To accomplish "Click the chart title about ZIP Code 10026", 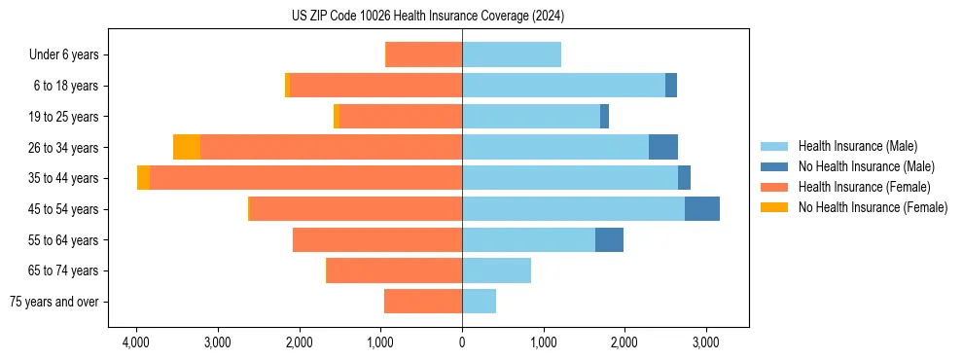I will tap(427, 17).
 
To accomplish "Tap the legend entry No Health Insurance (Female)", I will tap(873, 207).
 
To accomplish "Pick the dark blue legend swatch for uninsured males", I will tap(773, 166).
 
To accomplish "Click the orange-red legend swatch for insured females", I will tap(773, 187).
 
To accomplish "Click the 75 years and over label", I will tap(54, 302).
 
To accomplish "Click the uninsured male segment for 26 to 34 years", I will tap(663, 147).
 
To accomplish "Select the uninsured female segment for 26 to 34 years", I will tap(187, 147).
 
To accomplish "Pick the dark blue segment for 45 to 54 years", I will tap(702, 209).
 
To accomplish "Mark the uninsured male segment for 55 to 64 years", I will tap(609, 239).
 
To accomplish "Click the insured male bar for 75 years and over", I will tap(479, 302).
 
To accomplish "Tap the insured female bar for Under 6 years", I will tap(424, 55).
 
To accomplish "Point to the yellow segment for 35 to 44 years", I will tap(143, 178).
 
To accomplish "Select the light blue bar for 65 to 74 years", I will tap(496, 270).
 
